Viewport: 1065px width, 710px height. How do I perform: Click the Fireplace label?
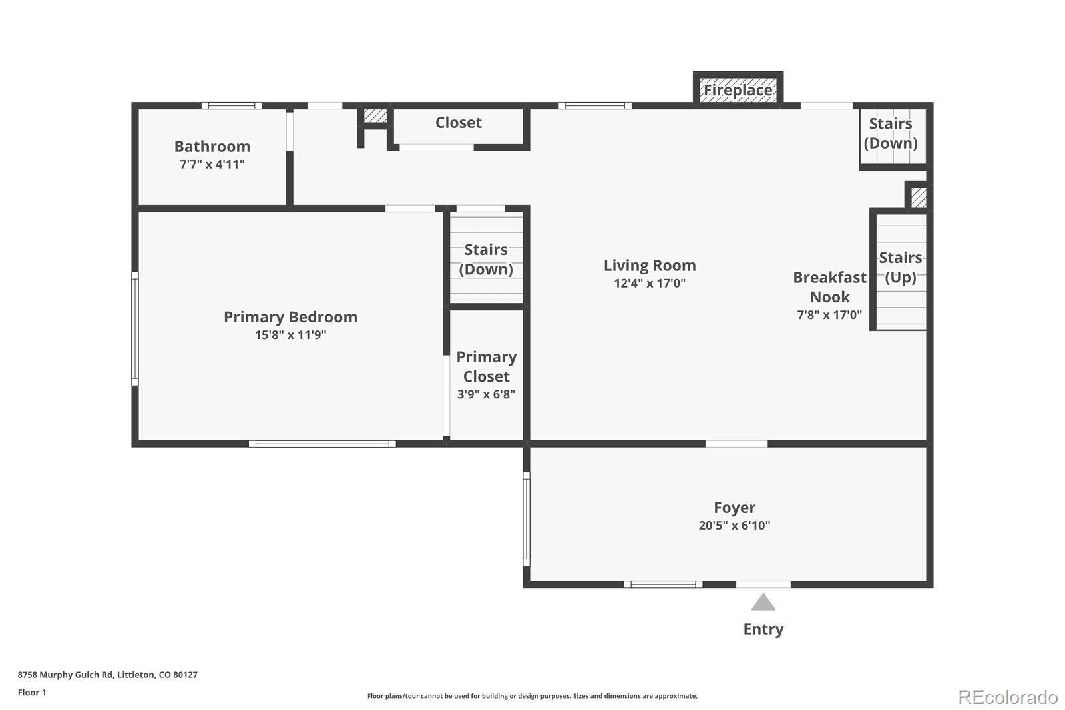click(x=738, y=90)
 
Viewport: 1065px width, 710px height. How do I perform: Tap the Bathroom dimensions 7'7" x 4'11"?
click(x=212, y=164)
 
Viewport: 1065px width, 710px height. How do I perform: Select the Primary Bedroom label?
click(x=290, y=317)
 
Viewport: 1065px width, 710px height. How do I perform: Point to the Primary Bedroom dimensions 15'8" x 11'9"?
click(x=290, y=334)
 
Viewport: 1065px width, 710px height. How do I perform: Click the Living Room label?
click(x=650, y=266)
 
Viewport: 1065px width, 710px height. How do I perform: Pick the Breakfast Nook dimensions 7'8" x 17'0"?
click(x=829, y=314)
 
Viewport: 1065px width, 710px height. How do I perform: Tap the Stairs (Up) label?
click(x=901, y=268)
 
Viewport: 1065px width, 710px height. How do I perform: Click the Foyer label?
click(x=735, y=508)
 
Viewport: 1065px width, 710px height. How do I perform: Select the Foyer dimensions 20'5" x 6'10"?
click(x=735, y=525)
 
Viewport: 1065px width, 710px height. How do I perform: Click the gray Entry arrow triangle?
click(x=763, y=603)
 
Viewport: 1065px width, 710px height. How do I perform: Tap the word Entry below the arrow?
click(x=763, y=629)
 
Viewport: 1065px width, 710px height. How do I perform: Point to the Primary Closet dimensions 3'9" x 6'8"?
click(x=487, y=394)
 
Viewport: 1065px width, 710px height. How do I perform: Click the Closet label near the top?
click(x=459, y=123)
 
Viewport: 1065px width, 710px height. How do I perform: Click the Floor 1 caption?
click(x=32, y=693)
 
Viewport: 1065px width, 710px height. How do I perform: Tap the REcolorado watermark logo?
click(x=1008, y=697)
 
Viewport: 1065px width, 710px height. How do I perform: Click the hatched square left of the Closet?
click(x=375, y=115)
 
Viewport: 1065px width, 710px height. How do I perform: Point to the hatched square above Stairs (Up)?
click(x=919, y=198)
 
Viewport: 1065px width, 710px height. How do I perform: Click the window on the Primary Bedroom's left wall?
click(x=135, y=329)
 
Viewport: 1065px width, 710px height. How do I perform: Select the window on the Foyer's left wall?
click(x=527, y=519)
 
